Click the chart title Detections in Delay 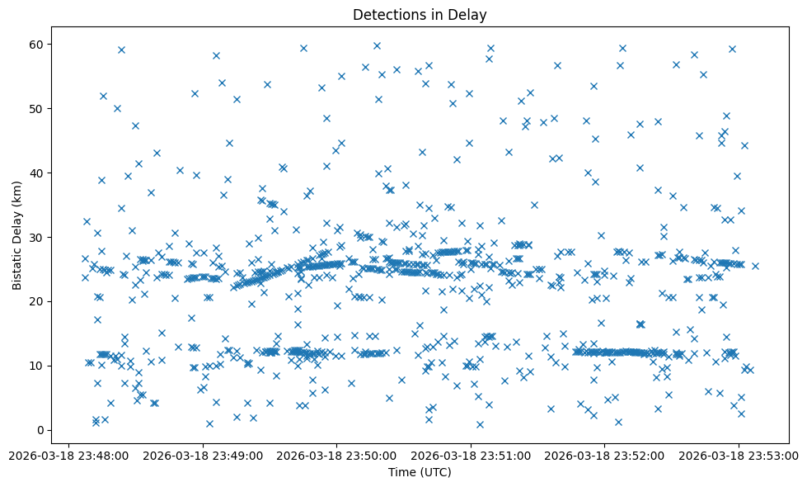pos(420,15)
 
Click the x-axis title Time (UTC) pos(420,472)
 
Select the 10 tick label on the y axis pos(38,366)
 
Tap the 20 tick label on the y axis pos(38,301)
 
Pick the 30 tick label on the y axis pos(38,237)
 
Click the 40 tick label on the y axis pos(38,173)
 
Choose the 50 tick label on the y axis pos(38,108)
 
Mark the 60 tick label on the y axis pos(38,44)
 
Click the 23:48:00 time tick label pos(69,454)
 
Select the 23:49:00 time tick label pos(203,454)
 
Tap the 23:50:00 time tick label pos(336,454)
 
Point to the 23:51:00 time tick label pos(471,454)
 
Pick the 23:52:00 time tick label pos(604,454)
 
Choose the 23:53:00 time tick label pos(738,454)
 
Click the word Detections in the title pos(389,15)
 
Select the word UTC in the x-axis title pos(438,472)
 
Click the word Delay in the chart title pos(470,15)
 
